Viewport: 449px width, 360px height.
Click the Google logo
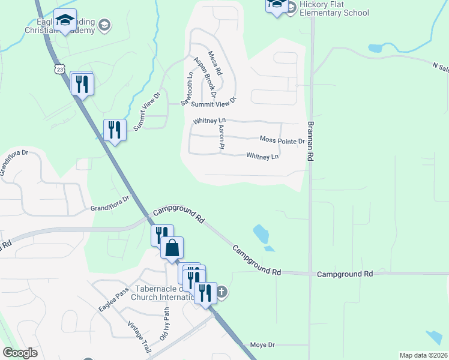pyautogui.click(x=20, y=353)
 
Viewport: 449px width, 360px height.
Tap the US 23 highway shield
pyautogui.click(x=58, y=70)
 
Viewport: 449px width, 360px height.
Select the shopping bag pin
pyautogui.click(x=172, y=248)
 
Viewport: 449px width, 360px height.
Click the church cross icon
pyautogui.click(x=221, y=292)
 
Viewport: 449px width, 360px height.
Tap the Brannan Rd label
pyautogui.click(x=311, y=140)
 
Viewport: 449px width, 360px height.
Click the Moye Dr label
pyautogui.click(x=262, y=345)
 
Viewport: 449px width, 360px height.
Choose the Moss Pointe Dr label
pyautogui.click(x=282, y=140)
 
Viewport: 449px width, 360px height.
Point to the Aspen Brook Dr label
pyautogui.click(x=205, y=77)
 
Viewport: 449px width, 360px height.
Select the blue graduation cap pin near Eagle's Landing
pyautogui.click(x=65, y=21)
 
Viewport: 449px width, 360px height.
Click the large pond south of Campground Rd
pyautogui.click(x=261, y=233)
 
